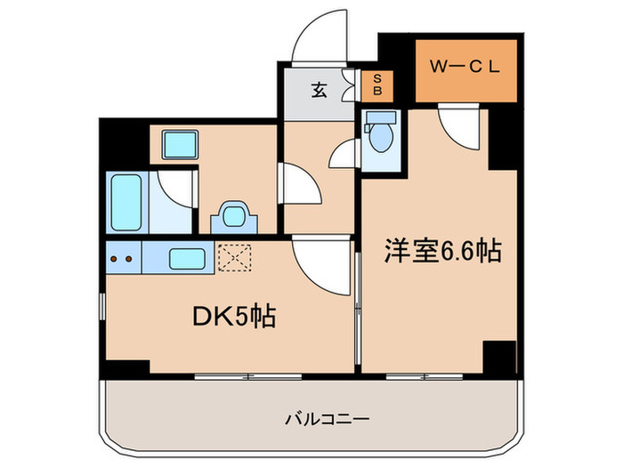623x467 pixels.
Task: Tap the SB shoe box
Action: point(376,86)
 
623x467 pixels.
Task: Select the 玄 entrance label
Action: point(317,89)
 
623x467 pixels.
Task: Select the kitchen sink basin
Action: point(187,260)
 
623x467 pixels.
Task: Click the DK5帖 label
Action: point(230,316)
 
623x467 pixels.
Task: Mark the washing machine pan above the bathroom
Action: point(180,144)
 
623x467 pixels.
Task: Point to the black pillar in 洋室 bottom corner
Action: point(499,358)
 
